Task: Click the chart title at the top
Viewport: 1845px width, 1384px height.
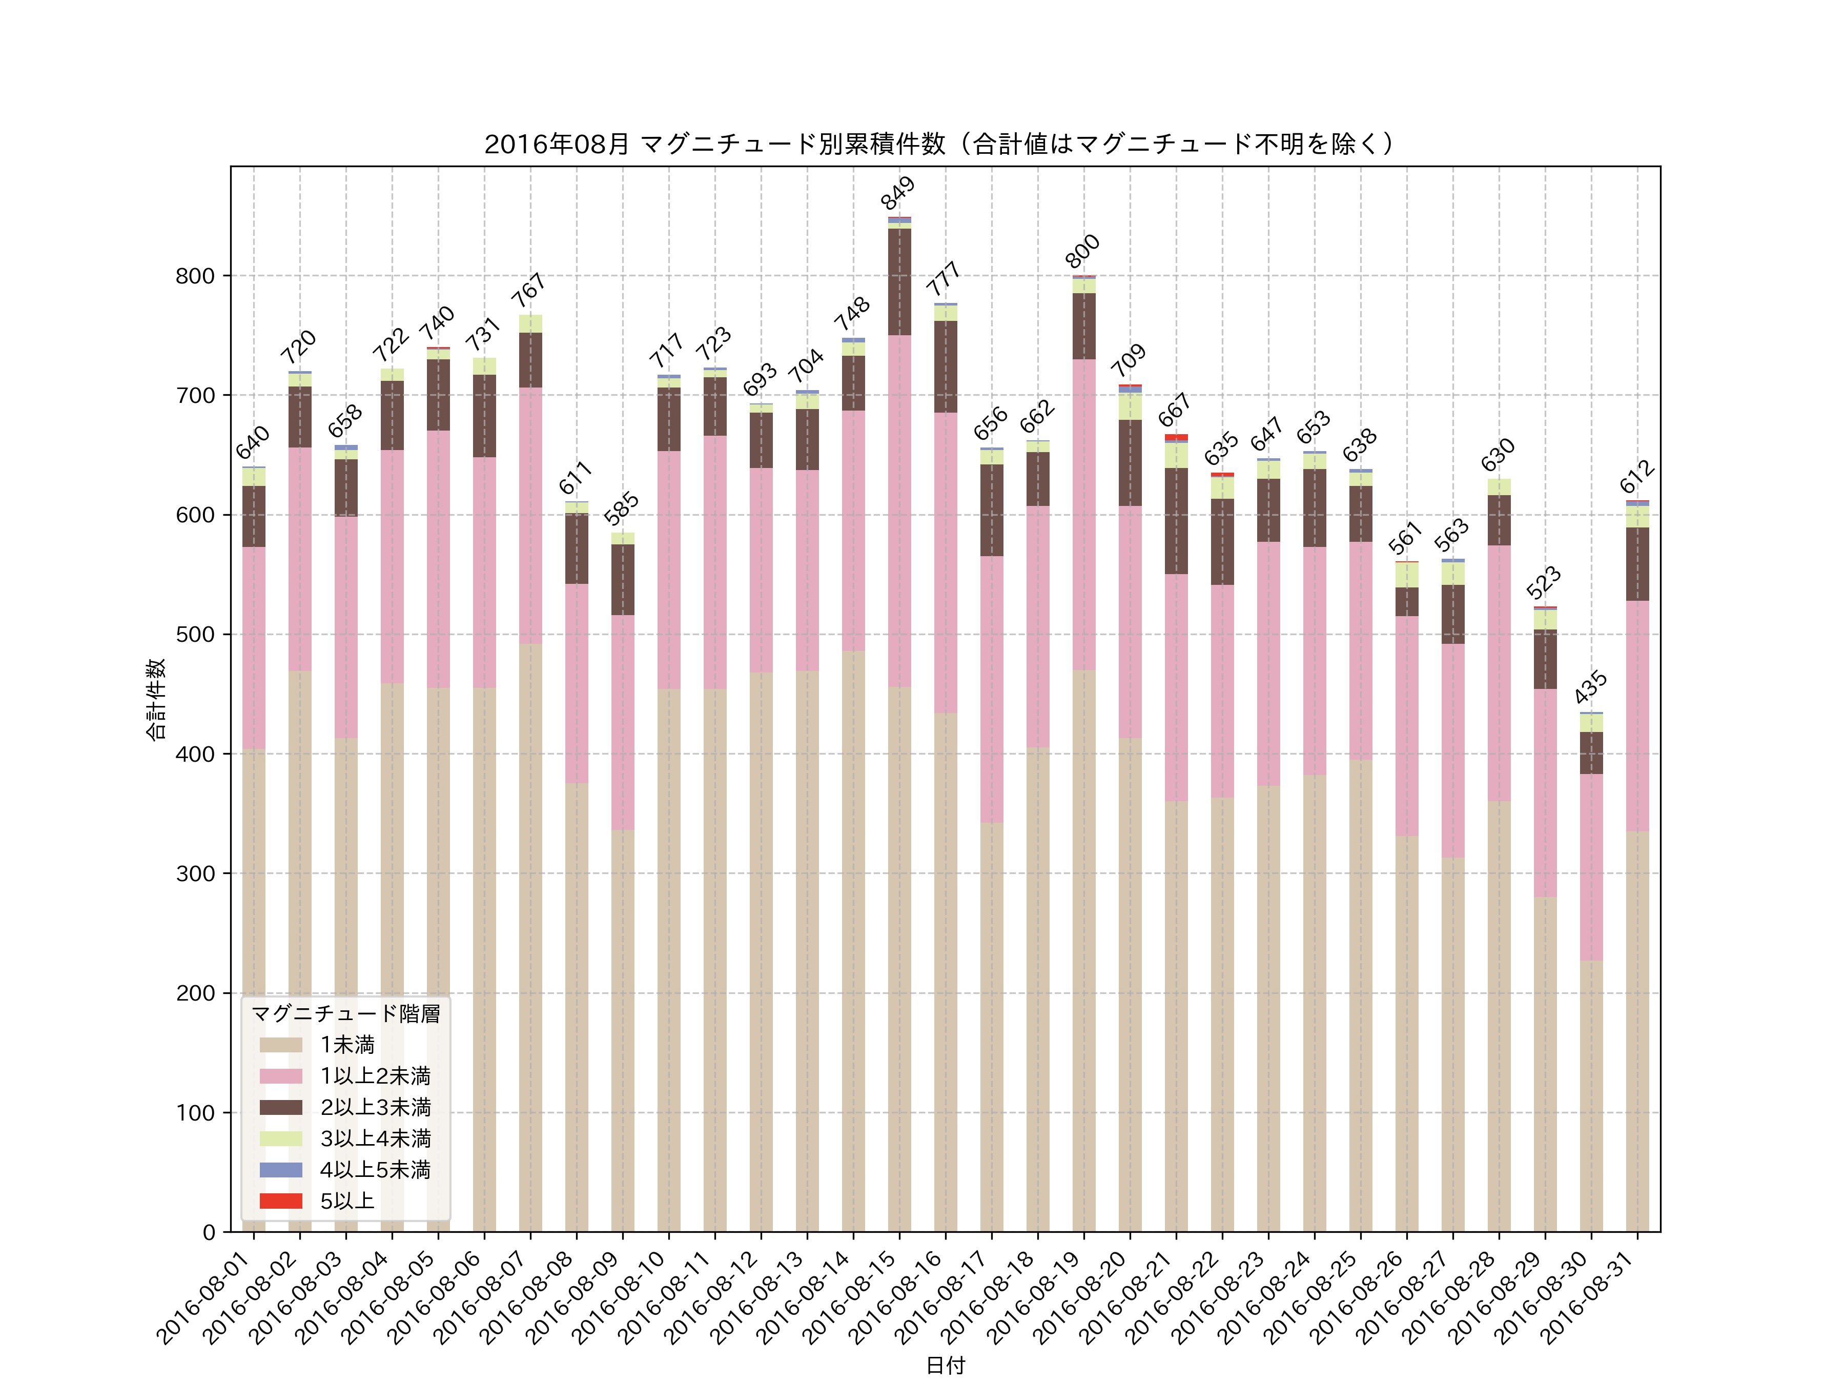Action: tap(940, 145)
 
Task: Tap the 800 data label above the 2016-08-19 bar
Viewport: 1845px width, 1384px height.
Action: tap(1082, 251)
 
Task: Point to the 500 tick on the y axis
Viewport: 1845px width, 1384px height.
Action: tap(195, 635)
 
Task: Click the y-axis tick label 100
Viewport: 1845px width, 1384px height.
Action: tap(195, 1113)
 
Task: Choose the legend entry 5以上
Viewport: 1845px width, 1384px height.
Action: tap(347, 1200)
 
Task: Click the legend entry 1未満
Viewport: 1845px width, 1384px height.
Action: tap(347, 1045)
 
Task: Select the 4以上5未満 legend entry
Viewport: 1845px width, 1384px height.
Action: tap(375, 1170)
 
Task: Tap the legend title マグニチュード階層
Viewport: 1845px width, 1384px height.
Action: tap(345, 1013)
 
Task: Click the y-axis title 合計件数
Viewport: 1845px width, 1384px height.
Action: tap(156, 699)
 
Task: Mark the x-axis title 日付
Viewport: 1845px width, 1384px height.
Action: tap(945, 1366)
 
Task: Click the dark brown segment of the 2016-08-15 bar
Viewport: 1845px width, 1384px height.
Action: tap(899, 282)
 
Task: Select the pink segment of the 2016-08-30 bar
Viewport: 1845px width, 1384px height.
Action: tap(1591, 868)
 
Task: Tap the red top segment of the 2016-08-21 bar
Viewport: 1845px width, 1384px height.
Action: tap(1176, 437)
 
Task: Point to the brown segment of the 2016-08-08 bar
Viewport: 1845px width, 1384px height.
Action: tap(577, 548)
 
